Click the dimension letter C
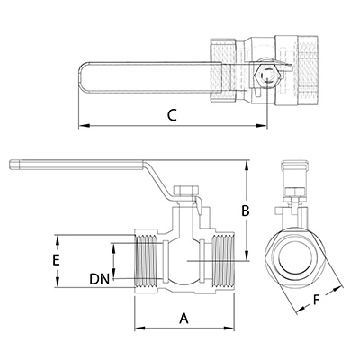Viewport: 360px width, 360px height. coord(172,115)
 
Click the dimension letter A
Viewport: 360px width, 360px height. coord(184,318)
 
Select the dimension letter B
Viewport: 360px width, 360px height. coord(246,211)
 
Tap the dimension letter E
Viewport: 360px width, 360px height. coord(56,260)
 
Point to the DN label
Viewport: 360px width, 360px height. coord(99,279)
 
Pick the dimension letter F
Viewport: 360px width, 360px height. coord(316,300)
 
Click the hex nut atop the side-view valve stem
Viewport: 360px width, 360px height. coord(186,191)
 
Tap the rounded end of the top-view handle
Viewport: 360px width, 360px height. coord(83,76)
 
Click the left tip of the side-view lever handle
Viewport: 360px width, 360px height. coord(10,165)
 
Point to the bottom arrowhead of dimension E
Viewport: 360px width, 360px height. coord(57,282)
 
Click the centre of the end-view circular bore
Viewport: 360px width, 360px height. coord(296,259)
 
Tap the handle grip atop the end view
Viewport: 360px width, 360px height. coord(295,166)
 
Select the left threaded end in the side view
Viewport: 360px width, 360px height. coord(146,261)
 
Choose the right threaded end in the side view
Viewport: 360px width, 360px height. coord(222,261)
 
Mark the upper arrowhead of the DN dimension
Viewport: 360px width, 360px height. coord(113,248)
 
